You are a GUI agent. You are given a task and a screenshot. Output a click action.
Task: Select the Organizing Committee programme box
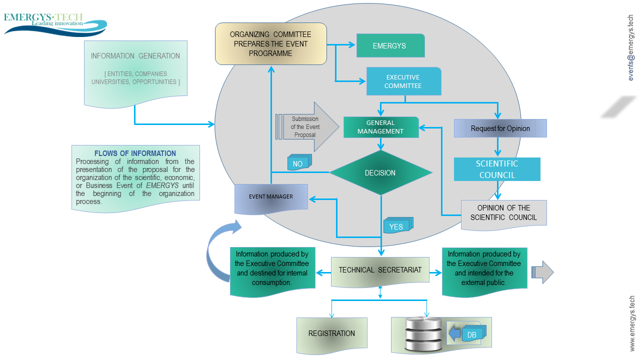[x=271, y=43]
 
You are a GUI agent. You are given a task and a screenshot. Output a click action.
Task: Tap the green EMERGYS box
[x=390, y=45]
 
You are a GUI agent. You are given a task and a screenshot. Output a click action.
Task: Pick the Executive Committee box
[x=403, y=81]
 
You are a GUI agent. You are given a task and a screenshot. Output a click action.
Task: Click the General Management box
[x=381, y=127]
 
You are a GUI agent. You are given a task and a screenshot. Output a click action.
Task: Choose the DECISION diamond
[x=381, y=172]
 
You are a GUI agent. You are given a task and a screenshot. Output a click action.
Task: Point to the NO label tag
[x=299, y=162]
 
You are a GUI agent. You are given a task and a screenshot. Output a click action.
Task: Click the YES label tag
[x=398, y=225]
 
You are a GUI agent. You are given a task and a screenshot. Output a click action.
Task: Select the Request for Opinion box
[x=500, y=128]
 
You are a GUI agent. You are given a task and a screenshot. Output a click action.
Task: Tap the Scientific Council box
[x=497, y=169]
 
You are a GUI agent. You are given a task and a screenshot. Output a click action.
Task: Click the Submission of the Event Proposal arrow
[x=307, y=127]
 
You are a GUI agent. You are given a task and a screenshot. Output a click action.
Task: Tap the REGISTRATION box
[x=331, y=335]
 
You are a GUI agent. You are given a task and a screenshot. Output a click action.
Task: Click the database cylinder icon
[x=424, y=333]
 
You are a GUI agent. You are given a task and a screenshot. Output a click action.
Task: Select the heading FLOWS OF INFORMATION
[x=135, y=153]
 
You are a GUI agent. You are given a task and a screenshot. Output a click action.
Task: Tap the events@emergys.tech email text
[x=631, y=47]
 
